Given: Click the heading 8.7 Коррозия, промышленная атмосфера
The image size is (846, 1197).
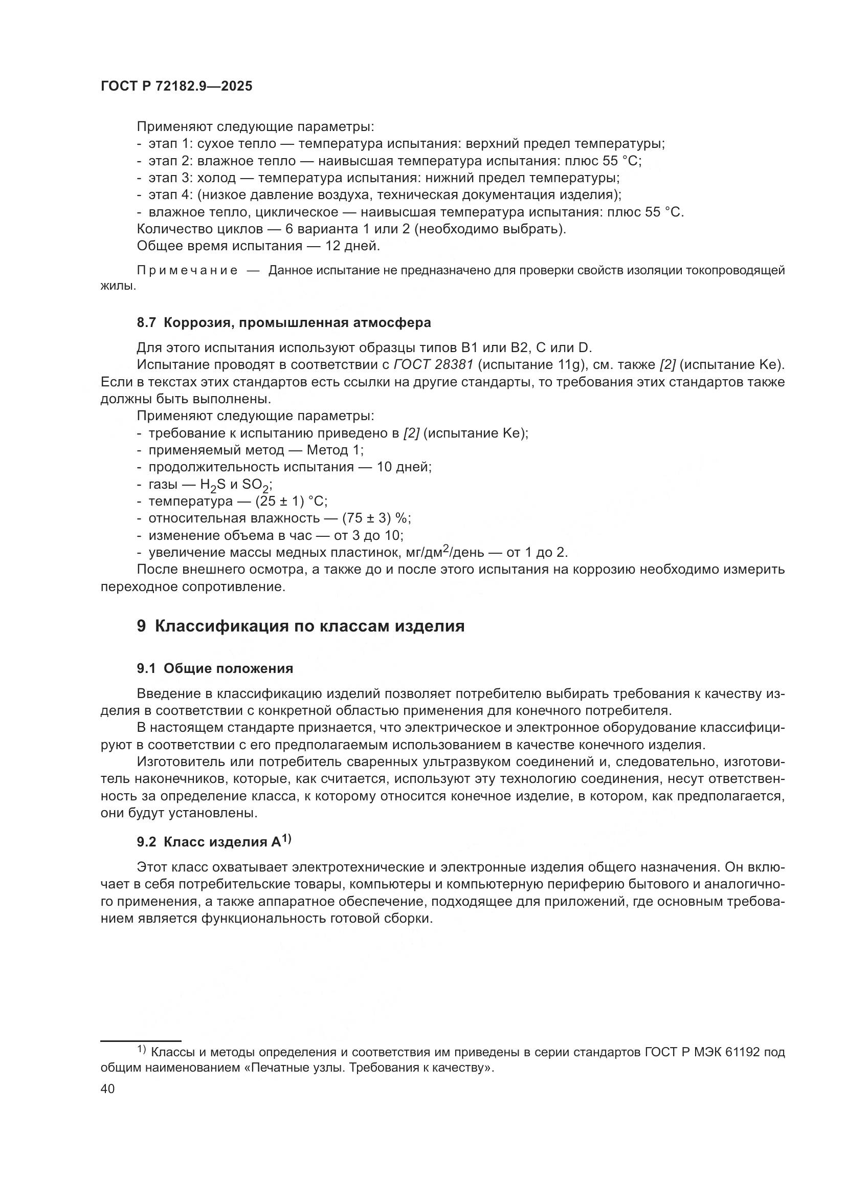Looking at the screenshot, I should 284,322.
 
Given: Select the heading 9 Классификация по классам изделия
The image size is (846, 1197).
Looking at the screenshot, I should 301,625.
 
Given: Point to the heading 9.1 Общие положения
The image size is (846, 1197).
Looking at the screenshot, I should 215,668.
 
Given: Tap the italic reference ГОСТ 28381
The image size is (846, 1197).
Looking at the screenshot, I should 433,365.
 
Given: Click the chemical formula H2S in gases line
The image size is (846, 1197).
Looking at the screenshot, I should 213,485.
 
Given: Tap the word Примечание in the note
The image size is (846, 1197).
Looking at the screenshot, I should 188,270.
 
